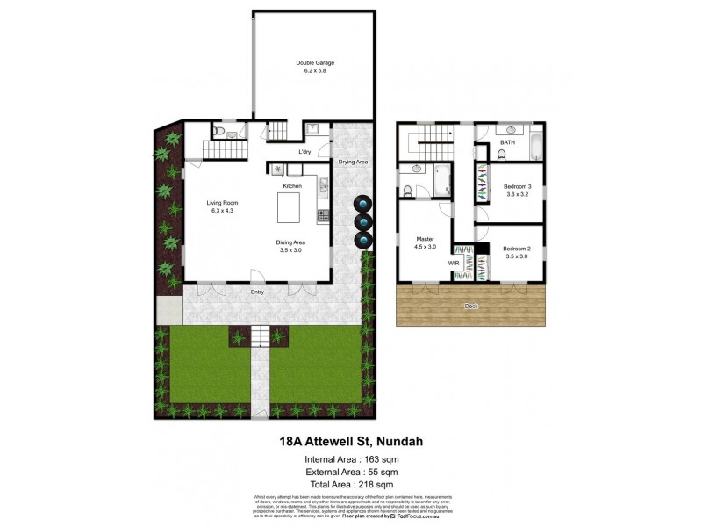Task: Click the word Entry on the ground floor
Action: click(x=257, y=292)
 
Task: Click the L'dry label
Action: click(x=304, y=152)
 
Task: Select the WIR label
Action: click(x=454, y=262)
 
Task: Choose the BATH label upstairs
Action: click(x=508, y=141)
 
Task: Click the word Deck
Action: click(x=472, y=307)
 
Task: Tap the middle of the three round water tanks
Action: click(x=362, y=222)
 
